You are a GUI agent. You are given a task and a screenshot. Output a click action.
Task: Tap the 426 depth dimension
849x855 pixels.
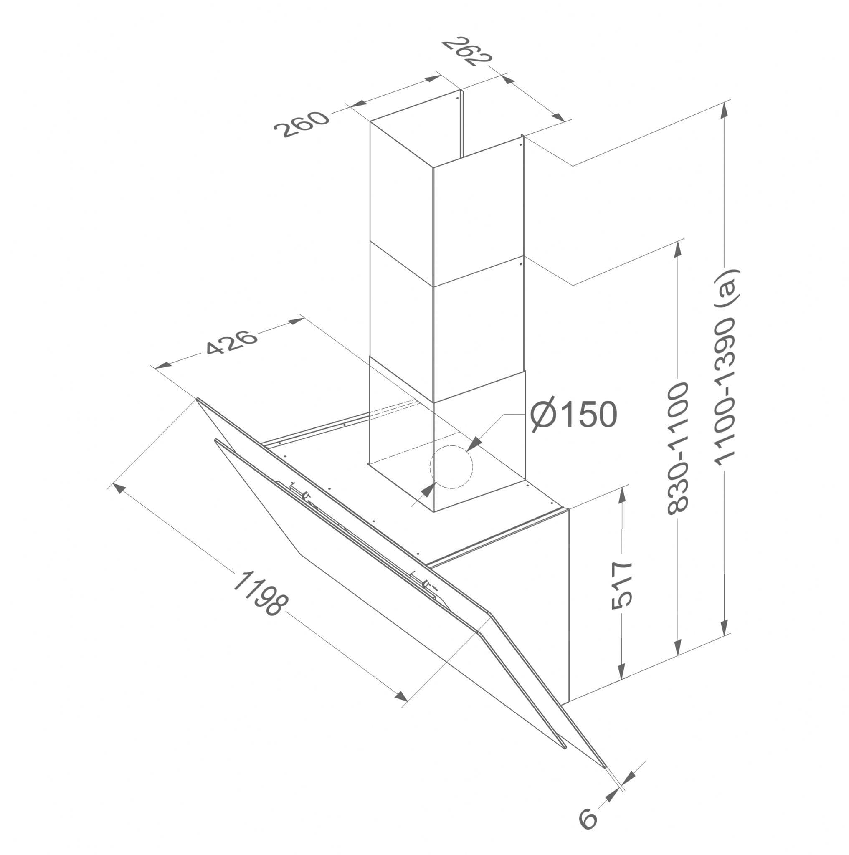pos(231,341)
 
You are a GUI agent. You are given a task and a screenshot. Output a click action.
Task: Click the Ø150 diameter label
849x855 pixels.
pos(574,414)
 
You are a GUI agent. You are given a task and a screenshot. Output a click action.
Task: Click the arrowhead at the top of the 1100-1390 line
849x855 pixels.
pos(724,111)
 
